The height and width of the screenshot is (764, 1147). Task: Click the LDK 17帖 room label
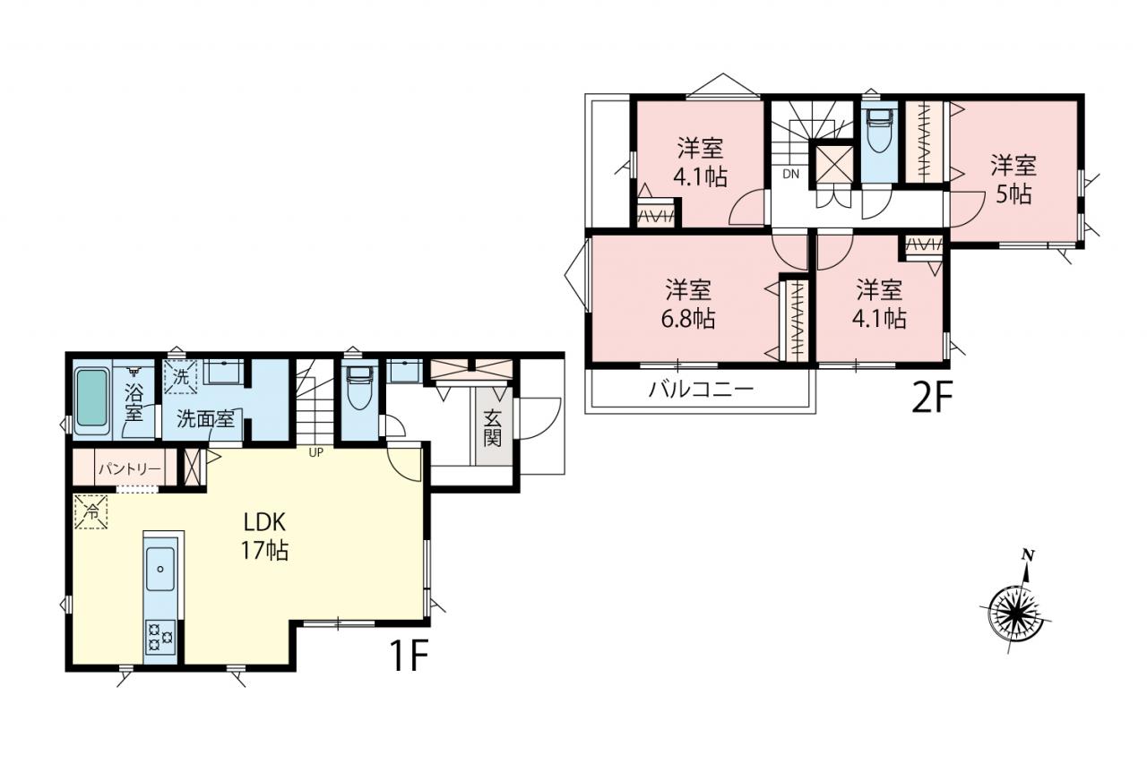pyautogui.click(x=264, y=537)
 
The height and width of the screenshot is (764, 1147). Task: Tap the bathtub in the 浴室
pyautogui.click(x=92, y=398)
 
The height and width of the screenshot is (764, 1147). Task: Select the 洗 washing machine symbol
pyautogui.click(x=180, y=377)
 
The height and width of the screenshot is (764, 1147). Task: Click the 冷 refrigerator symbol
pyautogui.click(x=91, y=511)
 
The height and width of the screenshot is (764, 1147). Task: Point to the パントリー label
pyautogui.click(x=130, y=468)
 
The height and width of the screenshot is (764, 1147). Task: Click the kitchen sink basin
pyautogui.click(x=160, y=569)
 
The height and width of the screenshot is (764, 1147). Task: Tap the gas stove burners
pyautogui.click(x=160, y=637)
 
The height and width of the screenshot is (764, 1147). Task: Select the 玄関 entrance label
pyautogui.click(x=492, y=429)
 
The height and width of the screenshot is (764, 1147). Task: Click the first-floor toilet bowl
pyautogui.click(x=359, y=389)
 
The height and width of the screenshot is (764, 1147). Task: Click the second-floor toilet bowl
pyautogui.click(x=879, y=132)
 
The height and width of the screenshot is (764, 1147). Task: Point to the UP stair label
pyautogui.click(x=316, y=452)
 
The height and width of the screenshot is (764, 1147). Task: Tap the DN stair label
pyautogui.click(x=790, y=174)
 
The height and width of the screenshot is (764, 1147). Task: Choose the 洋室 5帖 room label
pyautogui.click(x=1013, y=180)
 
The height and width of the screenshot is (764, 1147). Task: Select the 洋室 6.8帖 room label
pyautogui.click(x=688, y=304)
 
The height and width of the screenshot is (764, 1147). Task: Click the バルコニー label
pyautogui.click(x=701, y=390)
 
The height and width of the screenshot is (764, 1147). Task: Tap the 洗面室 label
pyautogui.click(x=205, y=419)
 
